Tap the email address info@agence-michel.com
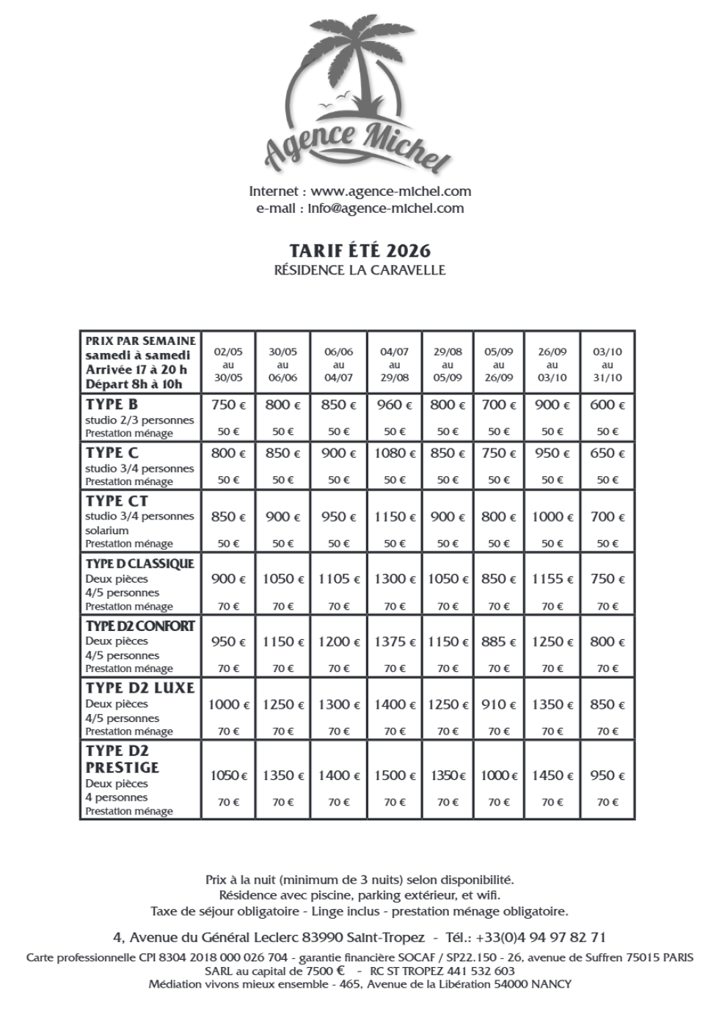coord(386,208)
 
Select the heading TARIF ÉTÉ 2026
coord(359,250)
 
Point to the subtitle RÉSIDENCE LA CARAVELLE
coord(359,270)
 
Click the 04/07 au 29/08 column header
coord(395,365)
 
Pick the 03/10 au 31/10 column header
coord(607,365)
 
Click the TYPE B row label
coord(112,405)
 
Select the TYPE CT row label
coord(117,501)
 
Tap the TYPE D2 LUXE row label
coord(140,688)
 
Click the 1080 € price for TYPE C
coord(395,453)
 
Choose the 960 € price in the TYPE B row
coord(395,405)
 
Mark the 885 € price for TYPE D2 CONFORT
coord(499,642)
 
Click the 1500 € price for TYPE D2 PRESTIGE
coord(395,776)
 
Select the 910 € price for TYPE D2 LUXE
coord(499,704)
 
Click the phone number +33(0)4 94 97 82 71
coord(541,938)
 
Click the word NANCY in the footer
coord(551,984)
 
